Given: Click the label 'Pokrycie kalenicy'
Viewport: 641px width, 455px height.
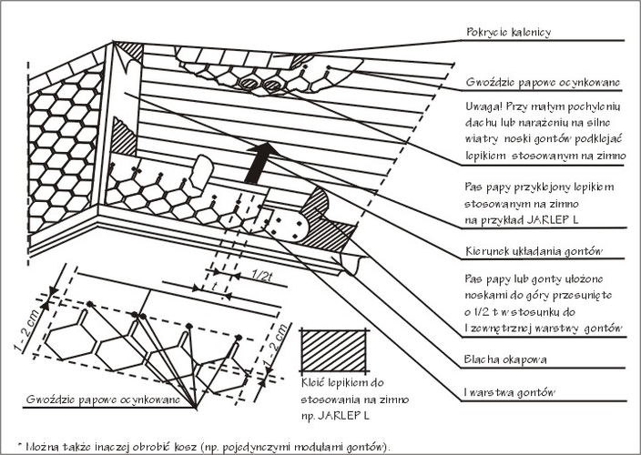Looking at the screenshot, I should [508, 33].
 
